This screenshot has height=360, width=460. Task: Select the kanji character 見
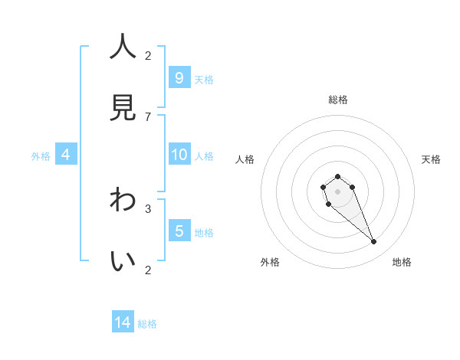(x=123, y=108)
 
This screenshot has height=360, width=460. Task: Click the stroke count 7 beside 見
(x=148, y=117)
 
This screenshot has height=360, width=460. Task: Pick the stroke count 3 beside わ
(x=148, y=208)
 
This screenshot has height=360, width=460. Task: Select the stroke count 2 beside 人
(x=148, y=55)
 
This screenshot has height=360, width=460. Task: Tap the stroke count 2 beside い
(x=148, y=270)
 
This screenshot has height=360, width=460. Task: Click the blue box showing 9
(x=179, y=77)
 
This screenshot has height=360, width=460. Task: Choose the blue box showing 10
(x=179, y=155)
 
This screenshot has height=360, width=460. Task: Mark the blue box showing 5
(x=179, y=231)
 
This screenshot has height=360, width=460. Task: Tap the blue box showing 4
(x=66, y=155)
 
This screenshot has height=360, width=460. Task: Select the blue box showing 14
(x=123, y=322)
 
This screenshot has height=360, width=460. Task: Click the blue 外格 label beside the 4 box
(x=41, y=156)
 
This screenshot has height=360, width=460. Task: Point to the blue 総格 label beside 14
(x=147, y=324)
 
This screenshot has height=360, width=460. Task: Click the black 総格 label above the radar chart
(x=337, y=100)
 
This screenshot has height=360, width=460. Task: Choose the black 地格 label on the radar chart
(x=402, y=262)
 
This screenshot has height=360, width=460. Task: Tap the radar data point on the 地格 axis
(x=374, y=242)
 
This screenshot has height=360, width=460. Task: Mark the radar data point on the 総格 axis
(x=337, y=177)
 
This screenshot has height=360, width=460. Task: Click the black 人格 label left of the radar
(x=245, y=159)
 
